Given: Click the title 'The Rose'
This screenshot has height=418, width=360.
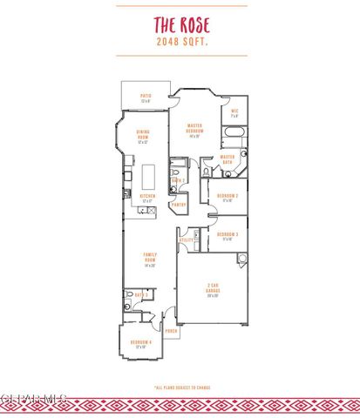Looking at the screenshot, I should pyautogui.click(x=180, y=26).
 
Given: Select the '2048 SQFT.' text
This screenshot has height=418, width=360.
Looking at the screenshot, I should pyautogui.click(x=180, y=41).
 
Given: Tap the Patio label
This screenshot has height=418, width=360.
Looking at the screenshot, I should pyautogui.click(x=146, y=99).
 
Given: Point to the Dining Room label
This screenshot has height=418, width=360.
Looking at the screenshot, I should pyautogui.click(x=144, y=137).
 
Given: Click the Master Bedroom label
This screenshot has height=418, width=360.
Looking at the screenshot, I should pyautogui.click(x=195, y=130).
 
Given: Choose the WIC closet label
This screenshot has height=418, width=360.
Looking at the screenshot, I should pyautogui.click(x=234, y=112).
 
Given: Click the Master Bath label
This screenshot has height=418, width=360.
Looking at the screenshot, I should pyautogui.click(x=228, y=159).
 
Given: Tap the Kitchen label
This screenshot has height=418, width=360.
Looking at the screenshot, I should pyautogui.click(x=146, y=198).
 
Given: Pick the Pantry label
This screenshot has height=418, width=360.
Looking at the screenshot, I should pyautogui.click(x=180, y=205).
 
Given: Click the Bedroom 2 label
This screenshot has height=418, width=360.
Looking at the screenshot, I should pyautogui.click(x=228, y=197).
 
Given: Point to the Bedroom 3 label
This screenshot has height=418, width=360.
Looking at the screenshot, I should pyautogui.click(x=228, y=235).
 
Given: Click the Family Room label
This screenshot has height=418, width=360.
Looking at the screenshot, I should pyautogui.click(x=149, y=261).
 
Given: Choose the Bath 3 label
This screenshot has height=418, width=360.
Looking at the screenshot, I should pyautogui.click(x=140, y=294).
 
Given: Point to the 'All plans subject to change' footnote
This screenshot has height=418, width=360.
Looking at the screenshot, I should pyautogui.click(x=180, y=388).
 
